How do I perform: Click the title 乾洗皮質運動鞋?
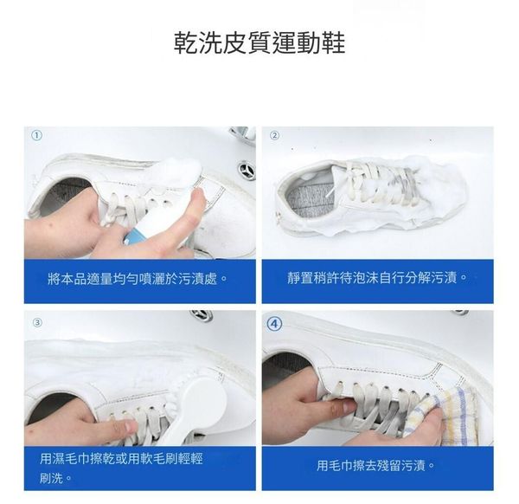[259, 42]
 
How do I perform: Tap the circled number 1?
[36, 136]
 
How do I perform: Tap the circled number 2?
[274, 135]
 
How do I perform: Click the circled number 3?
[37, 322]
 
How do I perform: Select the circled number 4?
[275, 324]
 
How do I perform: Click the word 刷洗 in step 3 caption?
[51, 478]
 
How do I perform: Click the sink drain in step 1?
[247, 170]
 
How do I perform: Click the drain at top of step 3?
[201, 314]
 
